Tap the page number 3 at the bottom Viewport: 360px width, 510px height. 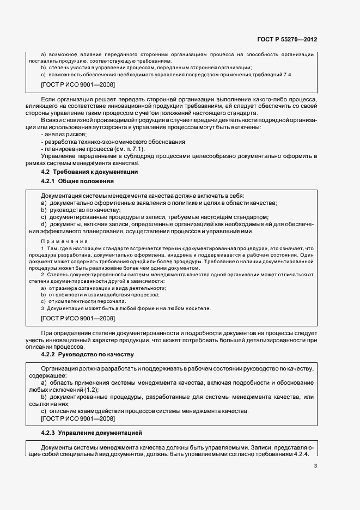315,465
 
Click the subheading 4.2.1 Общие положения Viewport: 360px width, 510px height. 78,181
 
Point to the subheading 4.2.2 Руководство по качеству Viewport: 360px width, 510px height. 87,355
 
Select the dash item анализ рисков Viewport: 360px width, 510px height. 62,135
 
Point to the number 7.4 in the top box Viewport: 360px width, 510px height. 286,74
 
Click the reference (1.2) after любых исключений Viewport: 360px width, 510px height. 93,391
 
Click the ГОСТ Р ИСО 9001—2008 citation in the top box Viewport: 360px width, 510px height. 78,85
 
